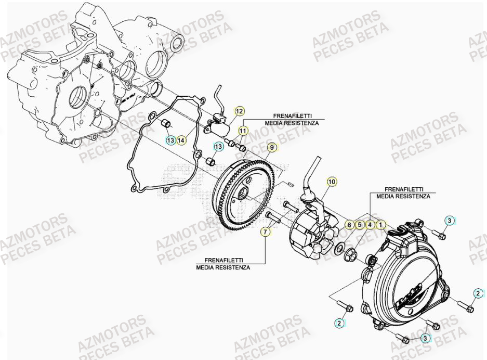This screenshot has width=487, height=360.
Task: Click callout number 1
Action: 380,225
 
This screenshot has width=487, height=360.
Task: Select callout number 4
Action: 370,225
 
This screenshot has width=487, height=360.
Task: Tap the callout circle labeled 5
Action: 359,225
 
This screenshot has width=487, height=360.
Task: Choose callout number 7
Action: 266,232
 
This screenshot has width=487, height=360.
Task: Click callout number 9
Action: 271,148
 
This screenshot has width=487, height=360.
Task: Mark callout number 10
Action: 332,182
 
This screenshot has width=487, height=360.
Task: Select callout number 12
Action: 239,111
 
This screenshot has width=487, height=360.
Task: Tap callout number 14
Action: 180,139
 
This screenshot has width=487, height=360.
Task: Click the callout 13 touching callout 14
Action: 169,139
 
